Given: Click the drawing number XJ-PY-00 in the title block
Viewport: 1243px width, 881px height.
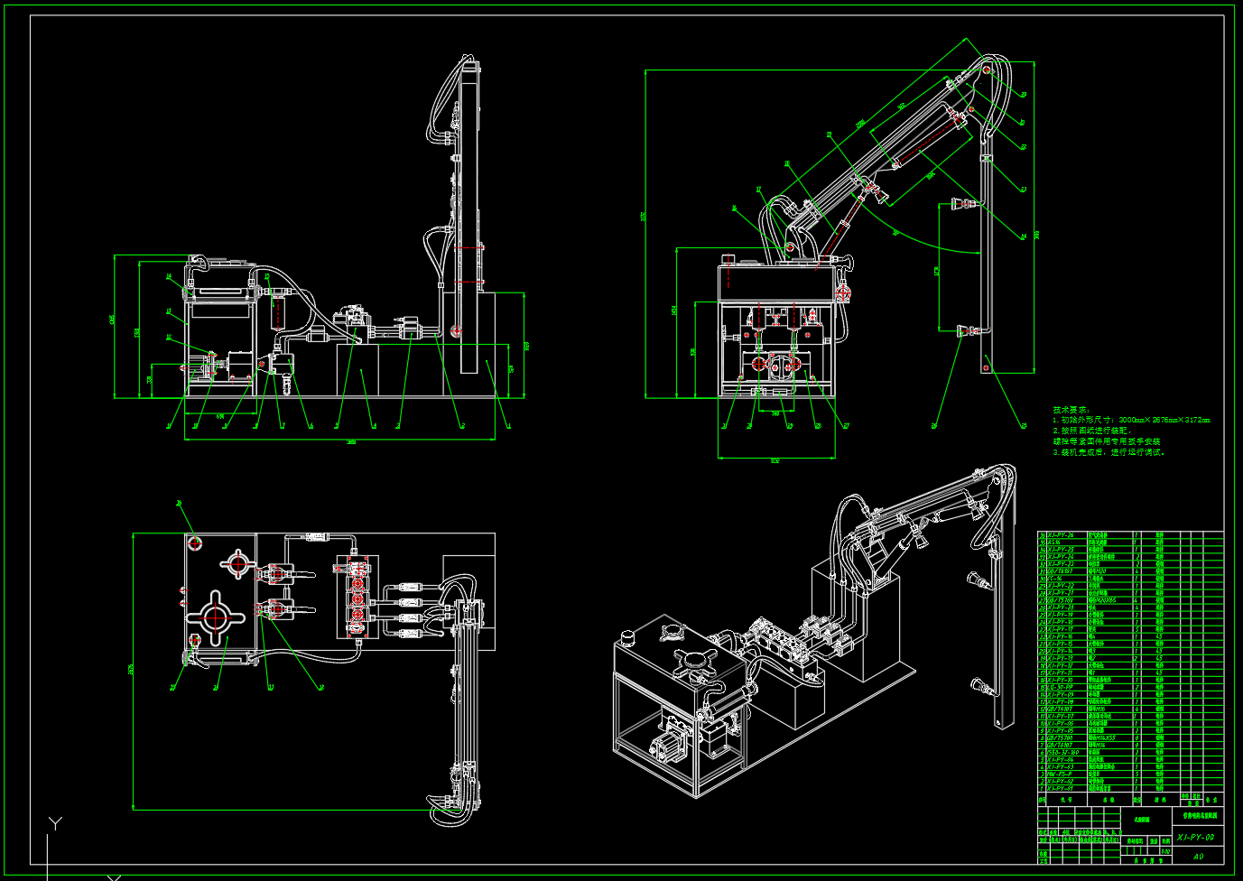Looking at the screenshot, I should coord(1195,838).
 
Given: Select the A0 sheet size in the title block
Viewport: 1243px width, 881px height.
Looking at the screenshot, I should coord(1198,856).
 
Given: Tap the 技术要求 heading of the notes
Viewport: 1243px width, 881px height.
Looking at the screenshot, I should coord(1071,410).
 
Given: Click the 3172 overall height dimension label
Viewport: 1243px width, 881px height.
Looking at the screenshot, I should coord(644,217).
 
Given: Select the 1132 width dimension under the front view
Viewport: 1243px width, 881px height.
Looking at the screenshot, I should coord(775,460).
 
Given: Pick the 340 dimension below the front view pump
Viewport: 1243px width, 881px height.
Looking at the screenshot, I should coord(775,413).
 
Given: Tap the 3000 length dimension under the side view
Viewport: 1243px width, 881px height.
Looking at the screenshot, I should coord(351,441).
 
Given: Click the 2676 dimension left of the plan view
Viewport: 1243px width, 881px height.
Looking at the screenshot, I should coord(132,669).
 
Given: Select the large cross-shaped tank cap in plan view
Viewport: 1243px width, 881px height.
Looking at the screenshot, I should coord(215,617).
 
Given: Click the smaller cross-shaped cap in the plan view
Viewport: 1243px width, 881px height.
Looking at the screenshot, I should coord(237,564).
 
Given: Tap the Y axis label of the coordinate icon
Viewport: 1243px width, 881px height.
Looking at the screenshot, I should coord(56,823).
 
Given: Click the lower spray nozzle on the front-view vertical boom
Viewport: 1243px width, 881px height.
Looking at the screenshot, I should coord(963,330).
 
